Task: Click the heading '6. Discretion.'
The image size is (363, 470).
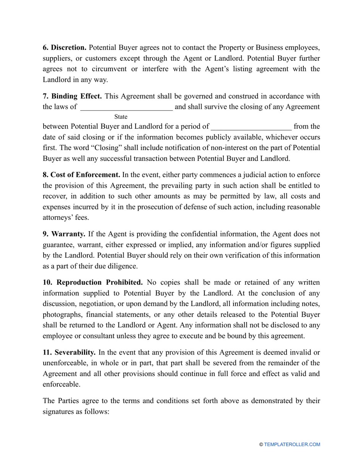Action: coord(65,48)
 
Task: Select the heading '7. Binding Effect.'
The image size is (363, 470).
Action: coord(72,96)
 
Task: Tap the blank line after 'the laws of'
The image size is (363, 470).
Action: coord(126,107)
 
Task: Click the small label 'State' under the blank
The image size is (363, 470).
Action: coord(121,117)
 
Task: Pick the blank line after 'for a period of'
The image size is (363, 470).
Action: coord(251,127)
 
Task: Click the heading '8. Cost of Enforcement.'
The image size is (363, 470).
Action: coord(81,175)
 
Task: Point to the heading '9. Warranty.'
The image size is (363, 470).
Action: coord(64,234)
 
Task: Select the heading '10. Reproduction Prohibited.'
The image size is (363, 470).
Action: coord(92,283)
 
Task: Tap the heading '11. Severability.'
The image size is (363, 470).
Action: coord(69,353)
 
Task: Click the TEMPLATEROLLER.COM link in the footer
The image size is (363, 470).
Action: coord(292,444)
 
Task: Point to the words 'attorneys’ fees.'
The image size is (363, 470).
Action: coord(66,218)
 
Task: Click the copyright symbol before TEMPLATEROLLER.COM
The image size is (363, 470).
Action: coord(261,444)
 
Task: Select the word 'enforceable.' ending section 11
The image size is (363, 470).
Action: coord(61,384)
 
